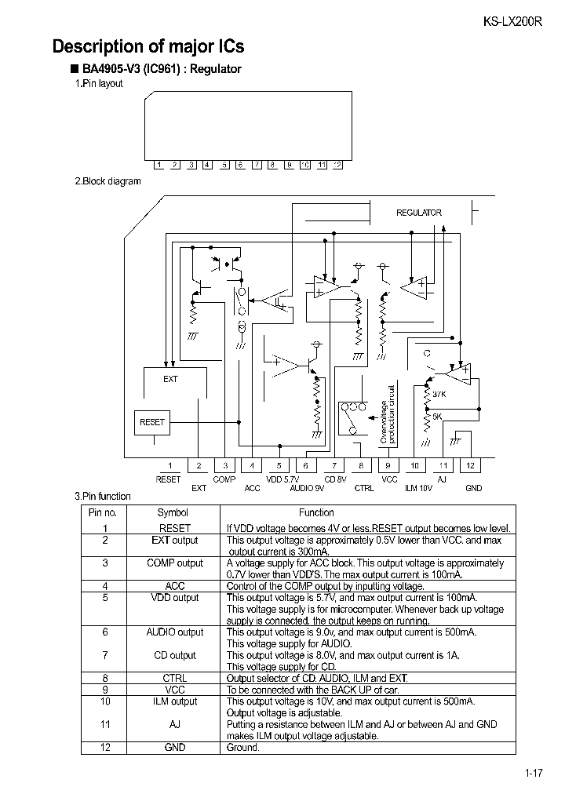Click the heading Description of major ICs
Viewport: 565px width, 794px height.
pos(148,46)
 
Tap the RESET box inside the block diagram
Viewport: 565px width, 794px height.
pos(152,422)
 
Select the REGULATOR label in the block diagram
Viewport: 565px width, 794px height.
pos(418,213)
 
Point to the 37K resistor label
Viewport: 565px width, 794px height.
pos(439,394)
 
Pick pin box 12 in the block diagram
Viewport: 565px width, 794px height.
pos(470,465)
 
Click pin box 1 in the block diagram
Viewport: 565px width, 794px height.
pos(169,465)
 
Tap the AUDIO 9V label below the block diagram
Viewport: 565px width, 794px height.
pos(307,488)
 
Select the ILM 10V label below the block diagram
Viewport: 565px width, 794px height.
pos(418,488)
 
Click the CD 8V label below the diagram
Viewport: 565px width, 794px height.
pos(336,479)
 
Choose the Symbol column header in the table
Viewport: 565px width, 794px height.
pos(173,512)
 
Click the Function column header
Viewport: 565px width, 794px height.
pos(316,512)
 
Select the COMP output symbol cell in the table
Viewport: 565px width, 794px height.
pos(174,563)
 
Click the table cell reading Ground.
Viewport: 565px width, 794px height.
pos(242,748)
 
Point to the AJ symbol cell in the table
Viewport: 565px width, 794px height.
pos(174,725)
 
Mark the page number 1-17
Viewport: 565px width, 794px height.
pos(534,774)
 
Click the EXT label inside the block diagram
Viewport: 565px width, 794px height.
pos(170,379)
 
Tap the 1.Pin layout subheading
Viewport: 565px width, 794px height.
pos(99,84)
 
